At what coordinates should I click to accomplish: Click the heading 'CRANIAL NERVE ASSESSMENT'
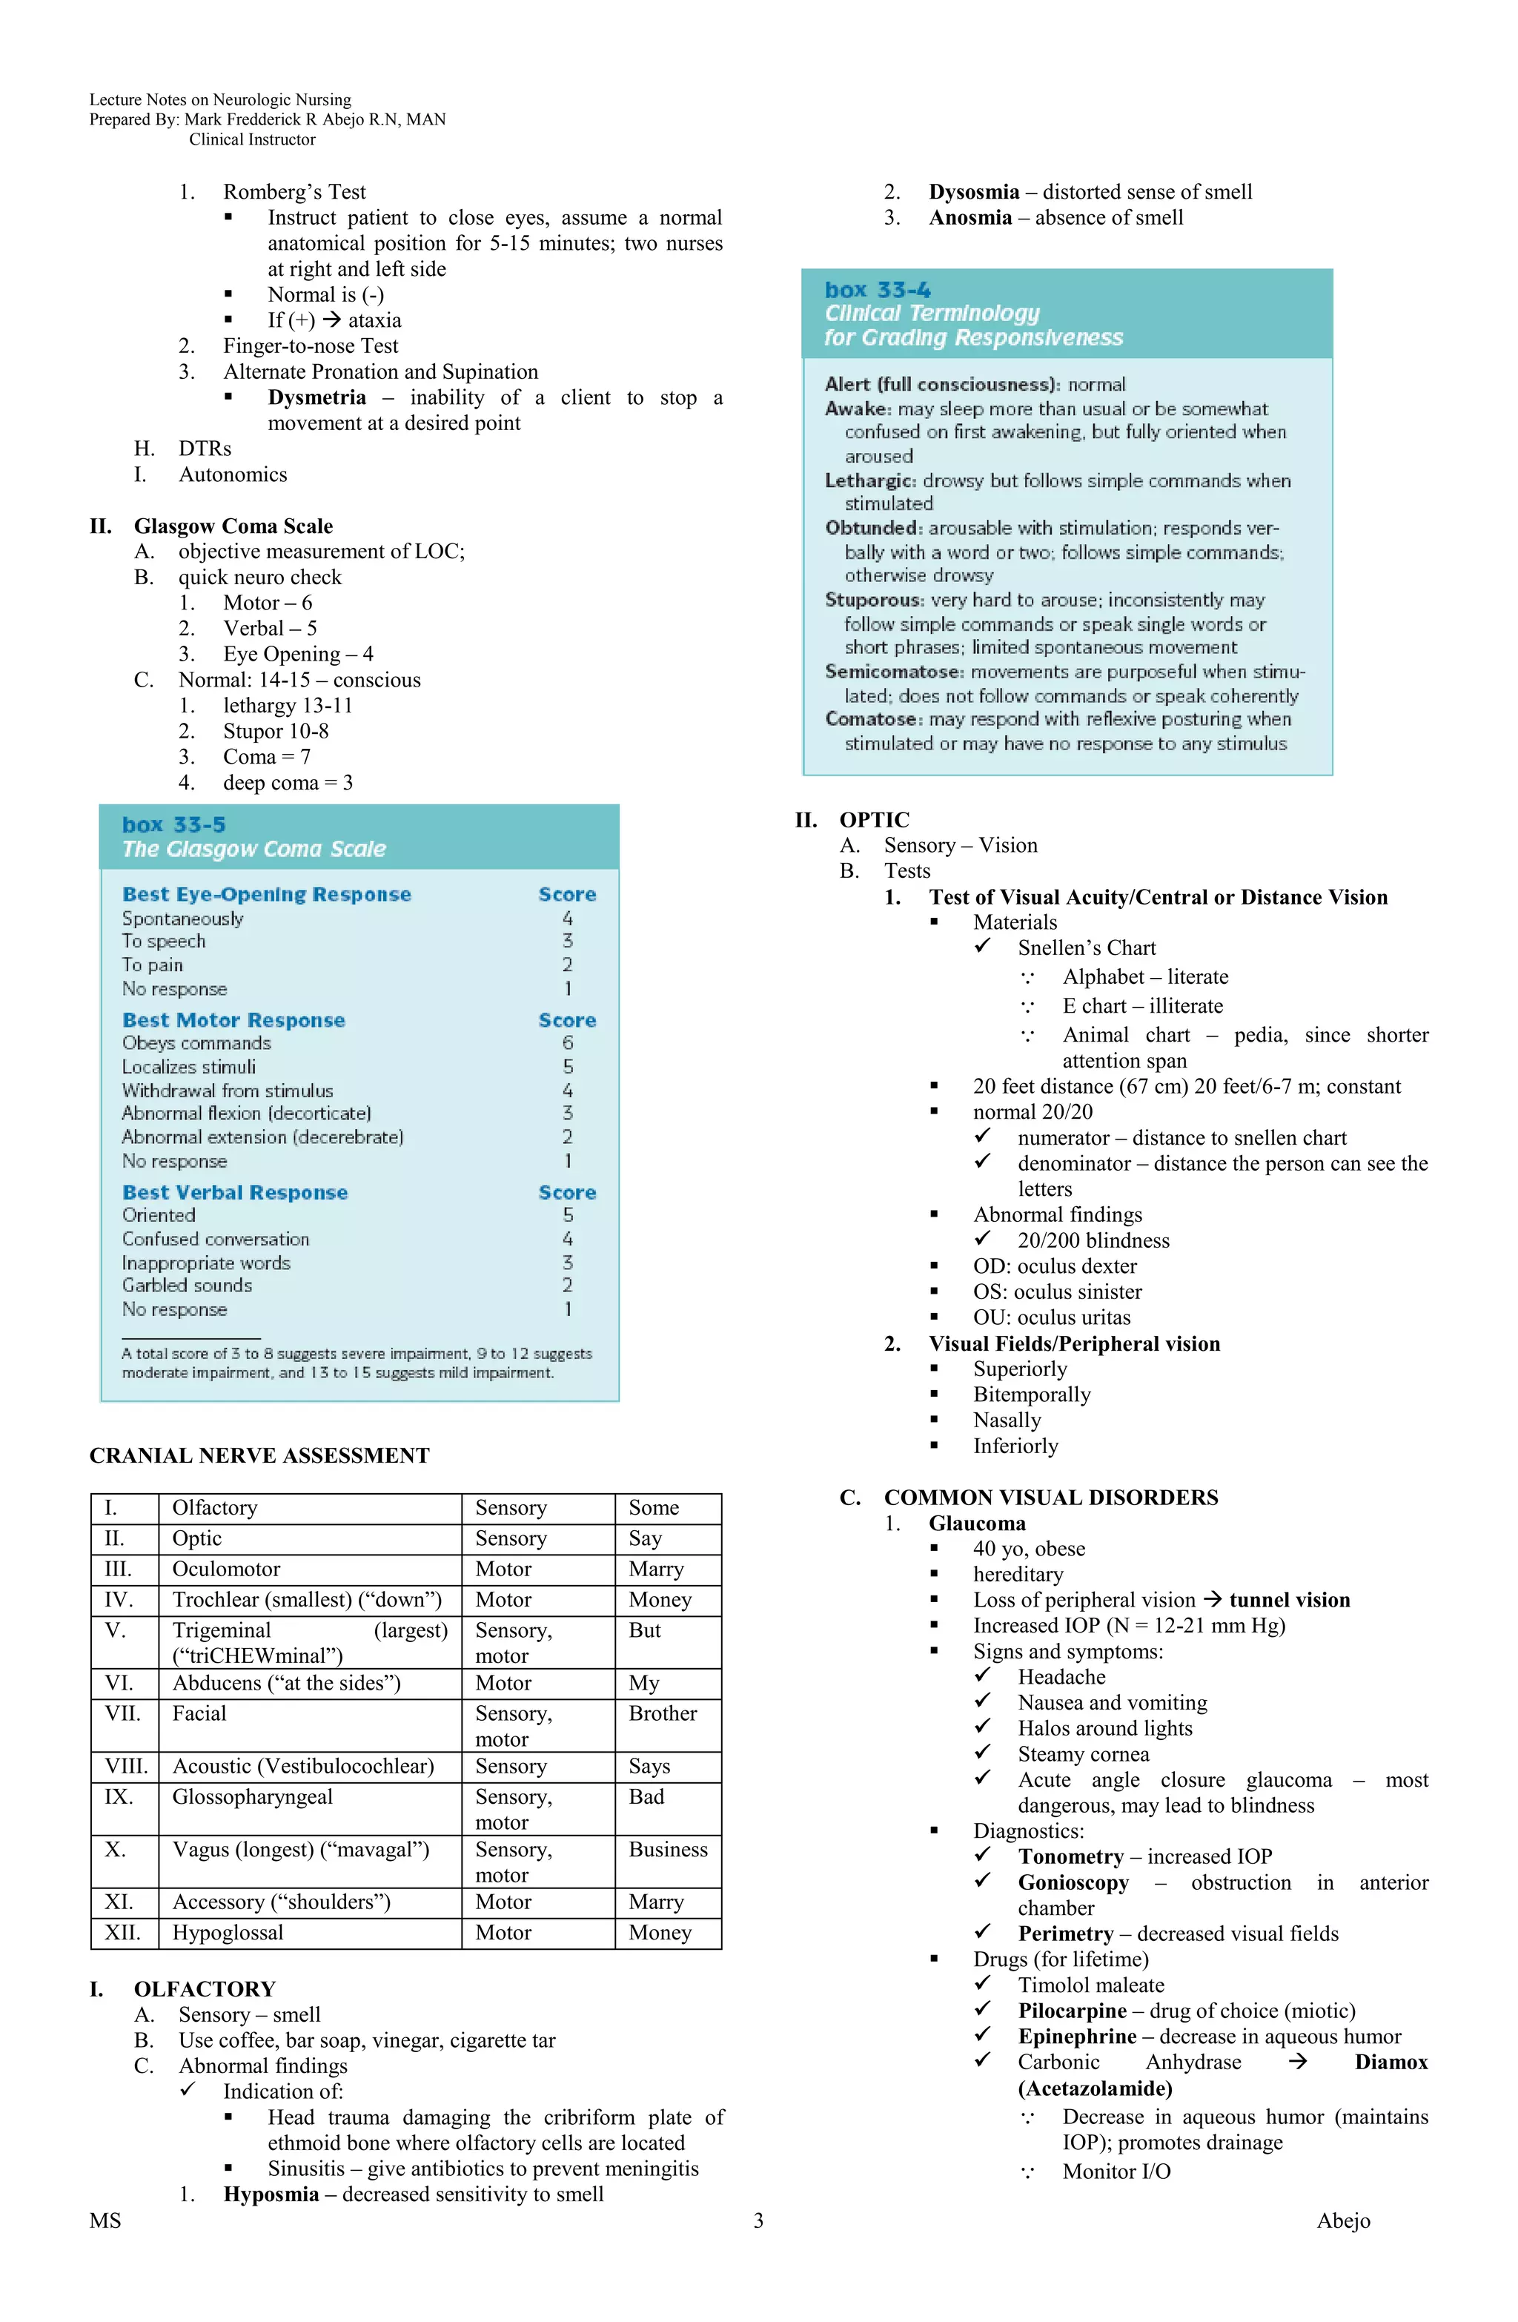(259, 1455)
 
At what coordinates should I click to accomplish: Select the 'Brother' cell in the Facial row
(663, 1713)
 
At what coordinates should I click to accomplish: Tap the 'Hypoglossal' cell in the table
(228, 1932)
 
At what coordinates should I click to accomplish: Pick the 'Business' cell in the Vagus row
(667, 1849)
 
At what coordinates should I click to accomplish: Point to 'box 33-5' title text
(173, 824)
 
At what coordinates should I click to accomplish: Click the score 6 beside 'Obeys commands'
(568, 1043)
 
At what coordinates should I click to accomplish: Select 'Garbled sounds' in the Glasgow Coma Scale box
(188, 1285)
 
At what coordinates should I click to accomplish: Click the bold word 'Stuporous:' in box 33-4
(874, 599)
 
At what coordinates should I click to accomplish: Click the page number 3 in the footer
(758, 2220)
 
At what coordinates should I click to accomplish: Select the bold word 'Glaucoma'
(977, 1523)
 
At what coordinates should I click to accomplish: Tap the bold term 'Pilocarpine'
(1072, 2010)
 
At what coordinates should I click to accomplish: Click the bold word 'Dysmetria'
(317, 397)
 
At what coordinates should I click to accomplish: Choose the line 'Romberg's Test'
(294, 191)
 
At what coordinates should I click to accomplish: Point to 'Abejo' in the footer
(1342, 2220)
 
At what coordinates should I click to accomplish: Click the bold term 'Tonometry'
(1070, 1856)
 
